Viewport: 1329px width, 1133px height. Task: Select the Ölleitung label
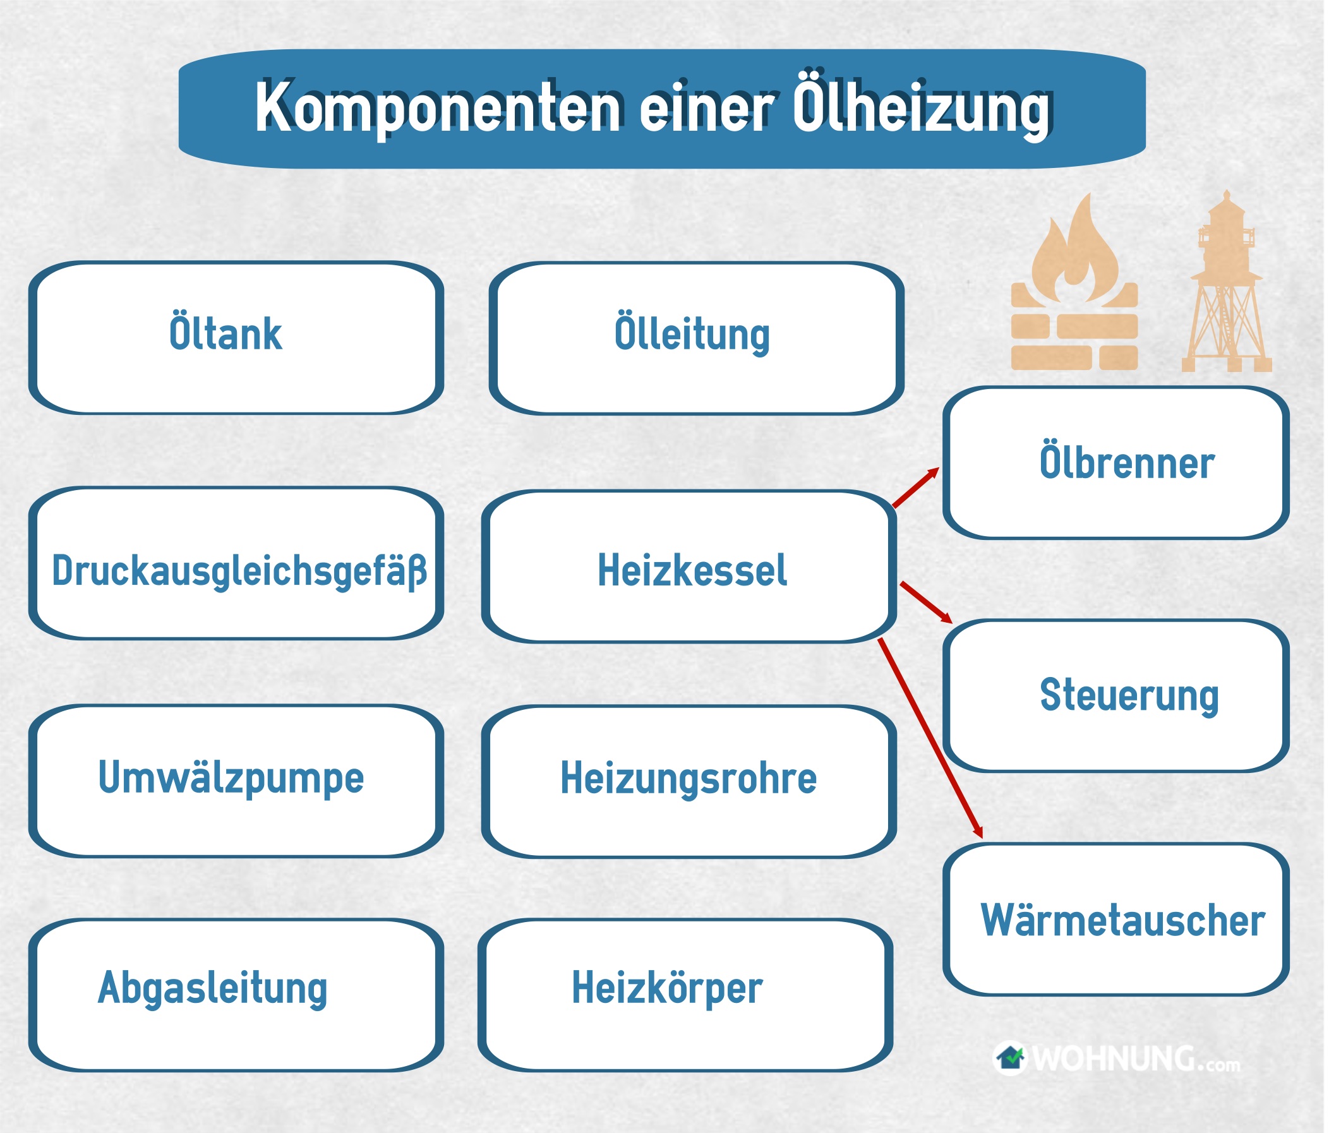[692, 333]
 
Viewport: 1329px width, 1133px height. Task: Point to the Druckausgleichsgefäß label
[239, 571]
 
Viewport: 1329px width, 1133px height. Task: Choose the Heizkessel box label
[692, 570]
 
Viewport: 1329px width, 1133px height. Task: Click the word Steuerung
[1129, 696]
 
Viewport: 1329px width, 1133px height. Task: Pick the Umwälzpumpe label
[231, 778]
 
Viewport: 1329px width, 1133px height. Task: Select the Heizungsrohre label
[689, 779]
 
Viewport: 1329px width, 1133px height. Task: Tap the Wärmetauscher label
[1122, 921]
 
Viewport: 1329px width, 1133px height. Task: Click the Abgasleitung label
[212, 988]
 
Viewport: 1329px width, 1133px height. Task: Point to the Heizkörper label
[667, 988]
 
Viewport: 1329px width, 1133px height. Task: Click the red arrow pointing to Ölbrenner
[916, 488]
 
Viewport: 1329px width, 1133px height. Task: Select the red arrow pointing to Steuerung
[926, 602]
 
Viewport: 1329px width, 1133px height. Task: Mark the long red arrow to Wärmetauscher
[930, 738]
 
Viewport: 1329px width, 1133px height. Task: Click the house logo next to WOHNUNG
[1010, 1058]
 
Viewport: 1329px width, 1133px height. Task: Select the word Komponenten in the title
[438, 108]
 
